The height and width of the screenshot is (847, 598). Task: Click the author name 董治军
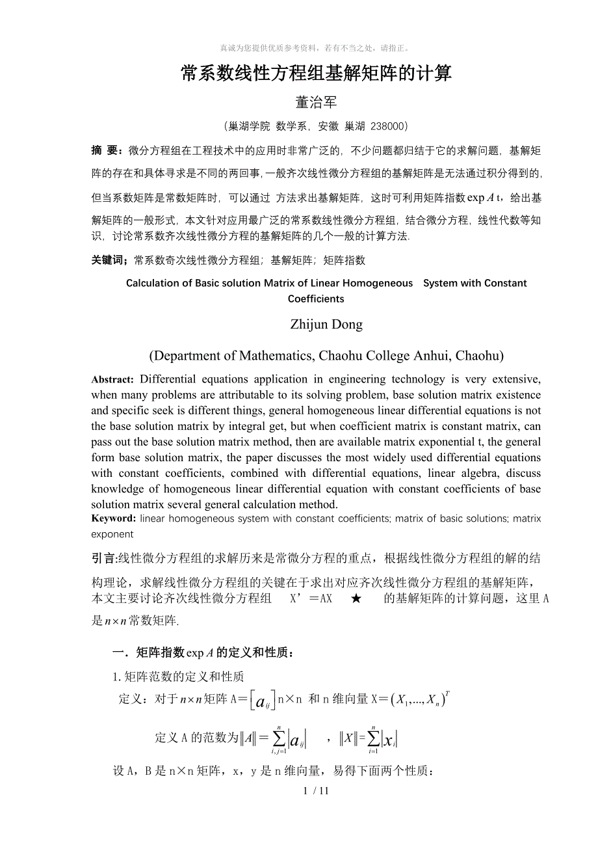click(316, 102)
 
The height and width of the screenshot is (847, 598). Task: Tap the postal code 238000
click(387, 126)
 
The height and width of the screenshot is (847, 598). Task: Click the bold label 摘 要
click(107, 151)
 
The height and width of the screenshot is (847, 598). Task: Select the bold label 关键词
click(110, 260)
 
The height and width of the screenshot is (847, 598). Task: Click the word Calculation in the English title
click(155, 283)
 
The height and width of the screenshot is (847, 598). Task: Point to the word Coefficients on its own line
click(316, 299)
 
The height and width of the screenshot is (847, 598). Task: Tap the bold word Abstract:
click(112, 380)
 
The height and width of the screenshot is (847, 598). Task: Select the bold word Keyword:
click(113, 518)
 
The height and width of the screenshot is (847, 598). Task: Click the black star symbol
click(356, 598)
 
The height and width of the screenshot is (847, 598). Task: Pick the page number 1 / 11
click(317, 791)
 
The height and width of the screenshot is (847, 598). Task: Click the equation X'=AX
click(311, 598)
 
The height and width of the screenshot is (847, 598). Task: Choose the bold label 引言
click(104, 558)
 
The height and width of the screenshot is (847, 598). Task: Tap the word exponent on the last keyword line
click(112, 534)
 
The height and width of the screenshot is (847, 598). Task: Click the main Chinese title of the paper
click(316, 73)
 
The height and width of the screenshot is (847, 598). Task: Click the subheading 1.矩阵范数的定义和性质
click(178, 677)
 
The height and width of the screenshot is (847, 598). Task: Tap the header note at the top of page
click(316, 47)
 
